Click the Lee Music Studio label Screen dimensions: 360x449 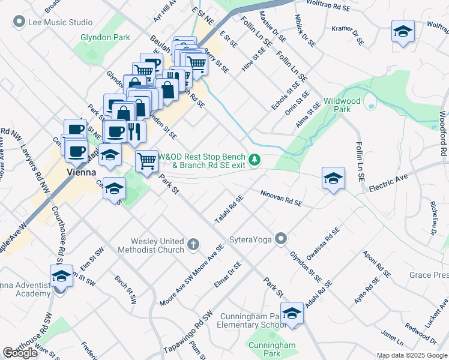point(59,23)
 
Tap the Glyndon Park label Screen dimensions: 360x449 point(105,37)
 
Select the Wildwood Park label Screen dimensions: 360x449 point(342,105)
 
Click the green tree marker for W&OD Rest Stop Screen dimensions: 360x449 point(256,160)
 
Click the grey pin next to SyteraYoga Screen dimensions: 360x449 point(280,239)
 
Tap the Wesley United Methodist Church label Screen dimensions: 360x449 point(151,245)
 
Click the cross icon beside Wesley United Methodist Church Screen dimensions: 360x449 point(193,244)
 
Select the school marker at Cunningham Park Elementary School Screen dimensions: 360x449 point(292,314)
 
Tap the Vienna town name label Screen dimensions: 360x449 point(80,172)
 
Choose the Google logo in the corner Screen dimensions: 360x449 point(20,353)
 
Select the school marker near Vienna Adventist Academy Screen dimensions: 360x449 point(61,277)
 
